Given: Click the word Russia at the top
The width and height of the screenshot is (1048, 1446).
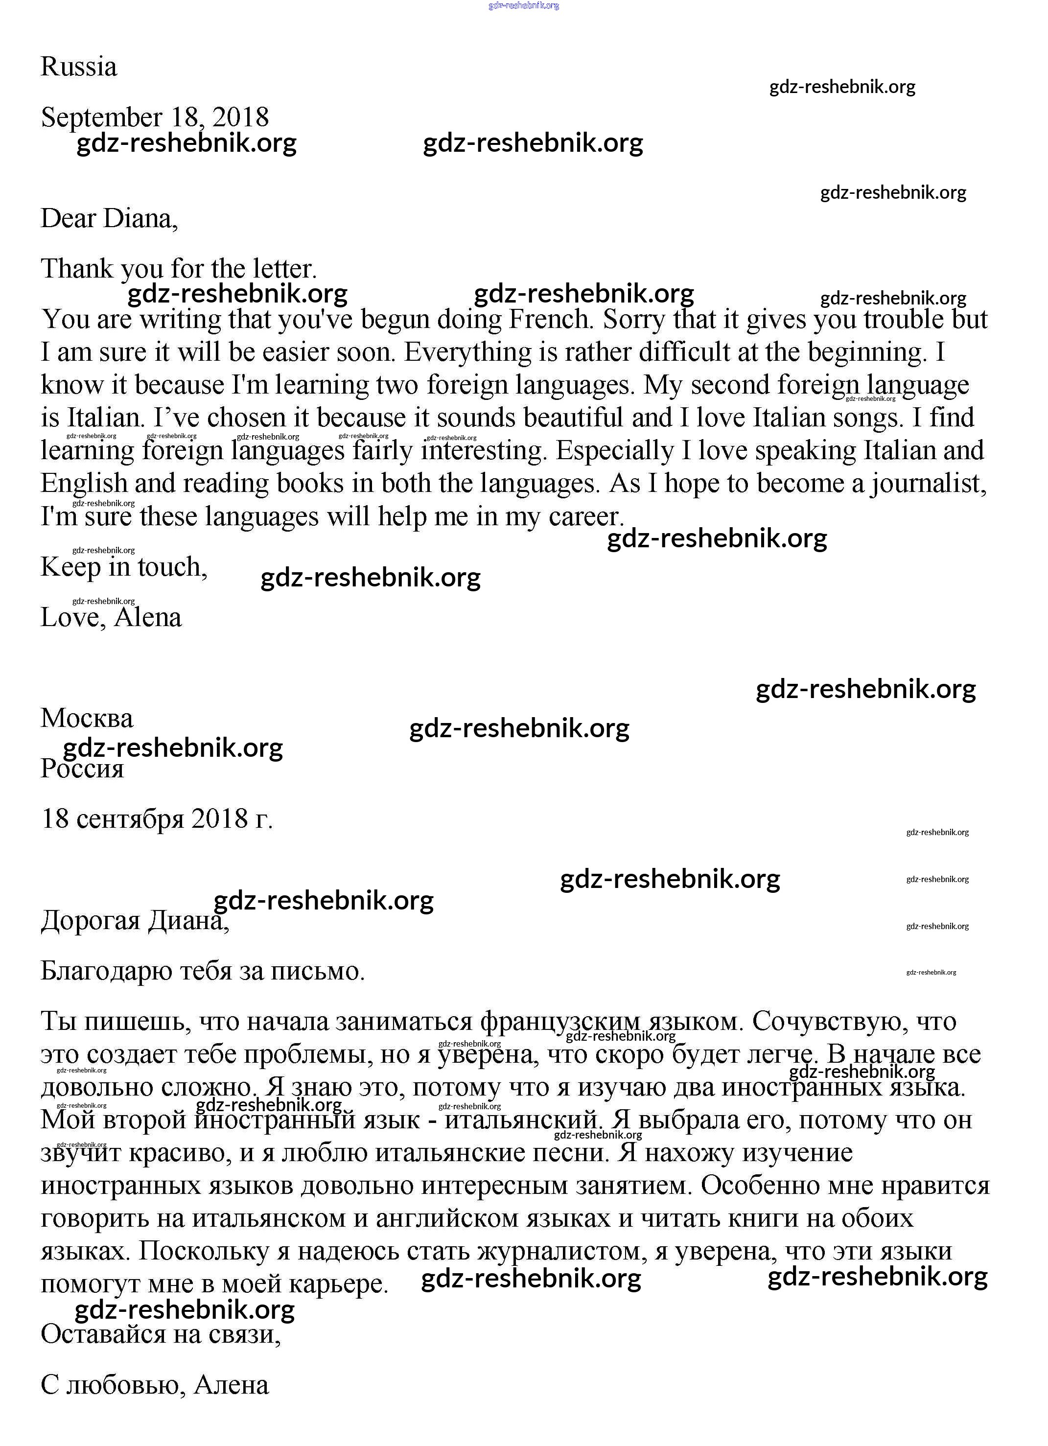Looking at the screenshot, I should point(78,67).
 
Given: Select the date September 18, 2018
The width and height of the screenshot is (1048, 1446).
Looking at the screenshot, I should point(155,117).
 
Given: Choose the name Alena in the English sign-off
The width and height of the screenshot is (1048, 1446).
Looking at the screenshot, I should point(148,617).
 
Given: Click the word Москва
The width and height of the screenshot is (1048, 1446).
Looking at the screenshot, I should point(87,719).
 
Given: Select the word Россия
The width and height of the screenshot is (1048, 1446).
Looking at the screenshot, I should point(82,769).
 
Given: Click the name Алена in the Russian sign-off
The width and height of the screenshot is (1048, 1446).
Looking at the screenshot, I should point(232,1385).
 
